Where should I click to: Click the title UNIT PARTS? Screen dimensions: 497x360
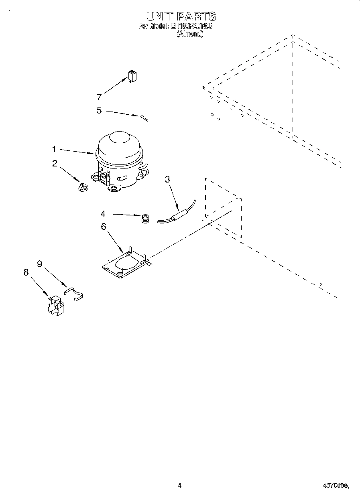click(181, 16)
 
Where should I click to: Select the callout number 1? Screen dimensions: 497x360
click(54, 149)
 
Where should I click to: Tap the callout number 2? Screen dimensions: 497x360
click(55, 163)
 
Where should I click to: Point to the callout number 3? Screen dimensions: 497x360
click(167, 179)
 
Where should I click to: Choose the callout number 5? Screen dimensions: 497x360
click(99, 110)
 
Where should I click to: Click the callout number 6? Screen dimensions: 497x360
click(103, 227)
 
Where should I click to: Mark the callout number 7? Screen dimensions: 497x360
click(99, 97)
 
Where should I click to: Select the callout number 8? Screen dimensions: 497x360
click(26, 272)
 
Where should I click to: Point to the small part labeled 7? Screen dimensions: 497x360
click(132, 76)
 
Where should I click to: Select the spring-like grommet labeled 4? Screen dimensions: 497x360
click(145, 219)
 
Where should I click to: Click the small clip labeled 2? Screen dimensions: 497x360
click(82, 187)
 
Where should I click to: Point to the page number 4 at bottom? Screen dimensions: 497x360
click(179, 485)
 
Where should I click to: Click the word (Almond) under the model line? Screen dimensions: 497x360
click(190, 34)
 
